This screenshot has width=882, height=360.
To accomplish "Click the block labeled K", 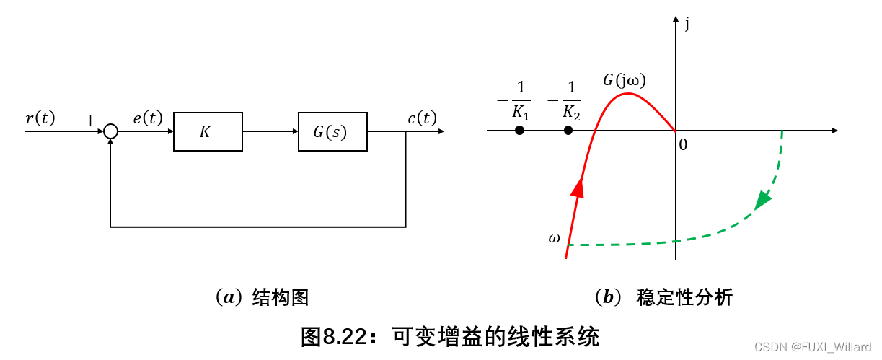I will coord(208,131).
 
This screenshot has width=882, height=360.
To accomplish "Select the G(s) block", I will coord(332,131).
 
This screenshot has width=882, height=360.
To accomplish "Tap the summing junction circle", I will coord(110,131).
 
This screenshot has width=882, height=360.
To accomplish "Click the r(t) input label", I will coord(40,118).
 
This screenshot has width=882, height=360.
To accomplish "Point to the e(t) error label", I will coord(148,118).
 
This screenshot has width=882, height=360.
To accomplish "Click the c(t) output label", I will coord(422,118).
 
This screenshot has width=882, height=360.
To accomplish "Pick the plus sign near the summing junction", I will coord(90,120).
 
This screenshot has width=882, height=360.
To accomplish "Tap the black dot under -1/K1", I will coord(519,131).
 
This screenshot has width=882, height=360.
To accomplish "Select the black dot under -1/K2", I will coord(568,131).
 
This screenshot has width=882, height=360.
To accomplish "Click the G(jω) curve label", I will coord(625,80).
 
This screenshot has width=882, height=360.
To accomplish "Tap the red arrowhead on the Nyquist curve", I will coord(578,187).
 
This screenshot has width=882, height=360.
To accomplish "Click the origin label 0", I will coord(683,144).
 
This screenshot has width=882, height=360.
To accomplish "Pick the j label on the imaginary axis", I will coord(688,24).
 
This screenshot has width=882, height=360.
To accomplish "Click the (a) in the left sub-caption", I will coord(229,297).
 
